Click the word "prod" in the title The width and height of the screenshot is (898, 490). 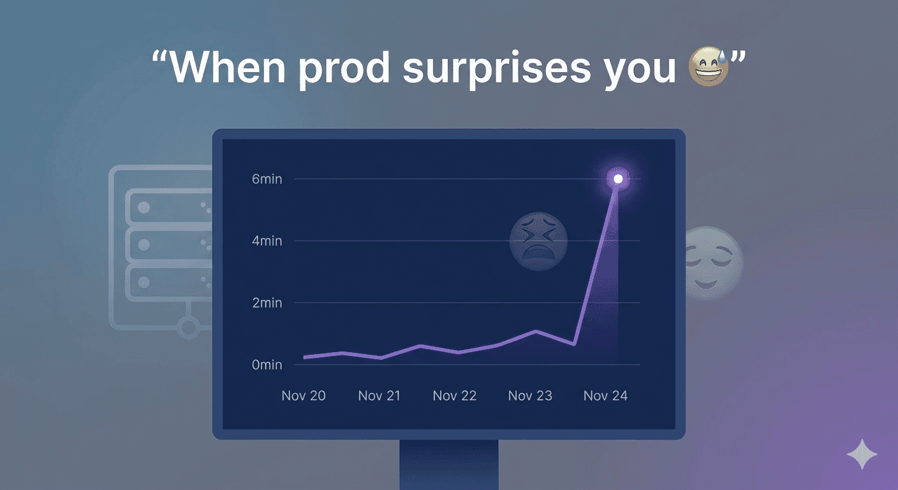point(344,67)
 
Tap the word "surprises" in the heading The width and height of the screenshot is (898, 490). point(497,67)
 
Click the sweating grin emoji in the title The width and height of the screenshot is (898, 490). point(709,66)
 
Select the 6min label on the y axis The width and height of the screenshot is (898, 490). point(267,179)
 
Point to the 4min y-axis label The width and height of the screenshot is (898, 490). point(267,241)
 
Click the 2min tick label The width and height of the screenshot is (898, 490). point(267,303)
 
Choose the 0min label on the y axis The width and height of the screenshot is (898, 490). point(267,365)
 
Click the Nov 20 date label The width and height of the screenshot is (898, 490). point(304,396)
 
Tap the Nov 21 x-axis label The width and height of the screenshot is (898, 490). point(379,396)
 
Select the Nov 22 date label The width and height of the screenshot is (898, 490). point(455,396)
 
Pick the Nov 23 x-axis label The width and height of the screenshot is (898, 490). point(530,396)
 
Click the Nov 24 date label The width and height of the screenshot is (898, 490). point(605,396)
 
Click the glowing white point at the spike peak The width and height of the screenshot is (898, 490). point(618,179)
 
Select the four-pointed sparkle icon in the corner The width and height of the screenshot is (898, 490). point(862,454)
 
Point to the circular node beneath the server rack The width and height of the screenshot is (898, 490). point(188,329)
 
